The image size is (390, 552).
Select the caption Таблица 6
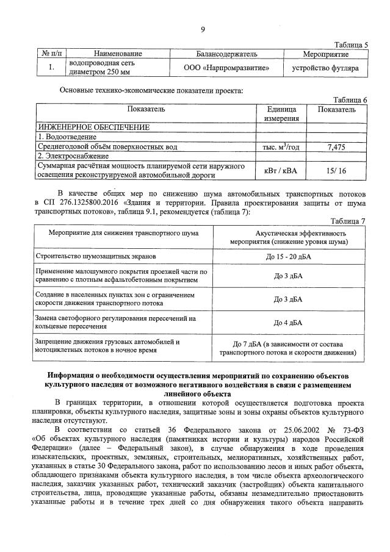click(x=352, y=100)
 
